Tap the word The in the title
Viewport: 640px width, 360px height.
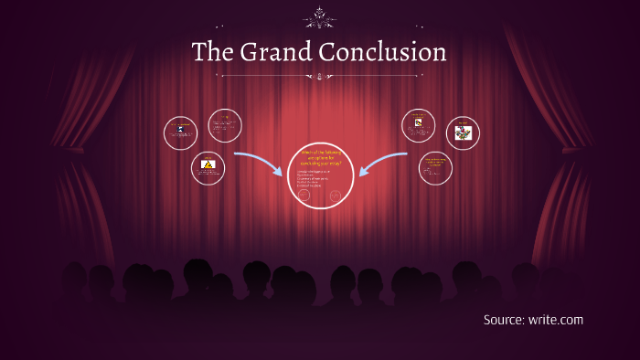click(209, 52)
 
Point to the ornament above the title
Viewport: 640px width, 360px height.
click(319, 17)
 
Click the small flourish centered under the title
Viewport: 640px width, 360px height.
click(319, 76)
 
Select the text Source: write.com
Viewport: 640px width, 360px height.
click(533, 319)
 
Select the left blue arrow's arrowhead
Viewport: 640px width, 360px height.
click(277, 171)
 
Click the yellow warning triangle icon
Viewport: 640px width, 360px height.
click(208, 164)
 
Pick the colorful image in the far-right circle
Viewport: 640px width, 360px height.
click(463, 132)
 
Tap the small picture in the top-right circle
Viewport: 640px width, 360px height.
click(418, 122)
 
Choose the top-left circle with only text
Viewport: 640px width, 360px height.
click(224, 126)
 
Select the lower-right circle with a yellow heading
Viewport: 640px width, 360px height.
click(435, 168)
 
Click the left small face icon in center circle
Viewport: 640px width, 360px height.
click(304, 195)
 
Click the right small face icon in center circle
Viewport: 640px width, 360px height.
click(336, 195)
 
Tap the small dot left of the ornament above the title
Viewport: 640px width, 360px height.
click(218, 26)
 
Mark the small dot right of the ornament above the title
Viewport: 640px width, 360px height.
click(421, 26)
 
